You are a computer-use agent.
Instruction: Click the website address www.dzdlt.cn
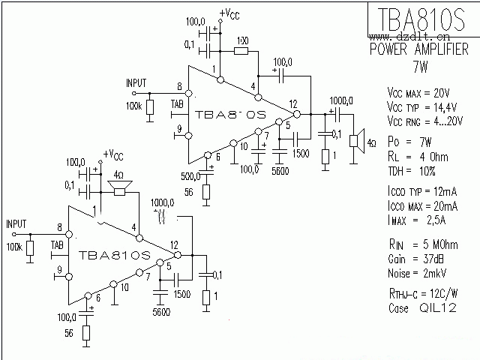pos(410,35)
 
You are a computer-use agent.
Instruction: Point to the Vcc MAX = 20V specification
pos(418,93)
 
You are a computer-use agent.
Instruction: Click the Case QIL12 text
pos(418,307)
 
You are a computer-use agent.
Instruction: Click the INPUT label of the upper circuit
pos(136,82)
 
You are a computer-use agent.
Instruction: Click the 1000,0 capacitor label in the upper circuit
pos(340,100)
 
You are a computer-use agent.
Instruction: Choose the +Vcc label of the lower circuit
pos(112,154)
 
